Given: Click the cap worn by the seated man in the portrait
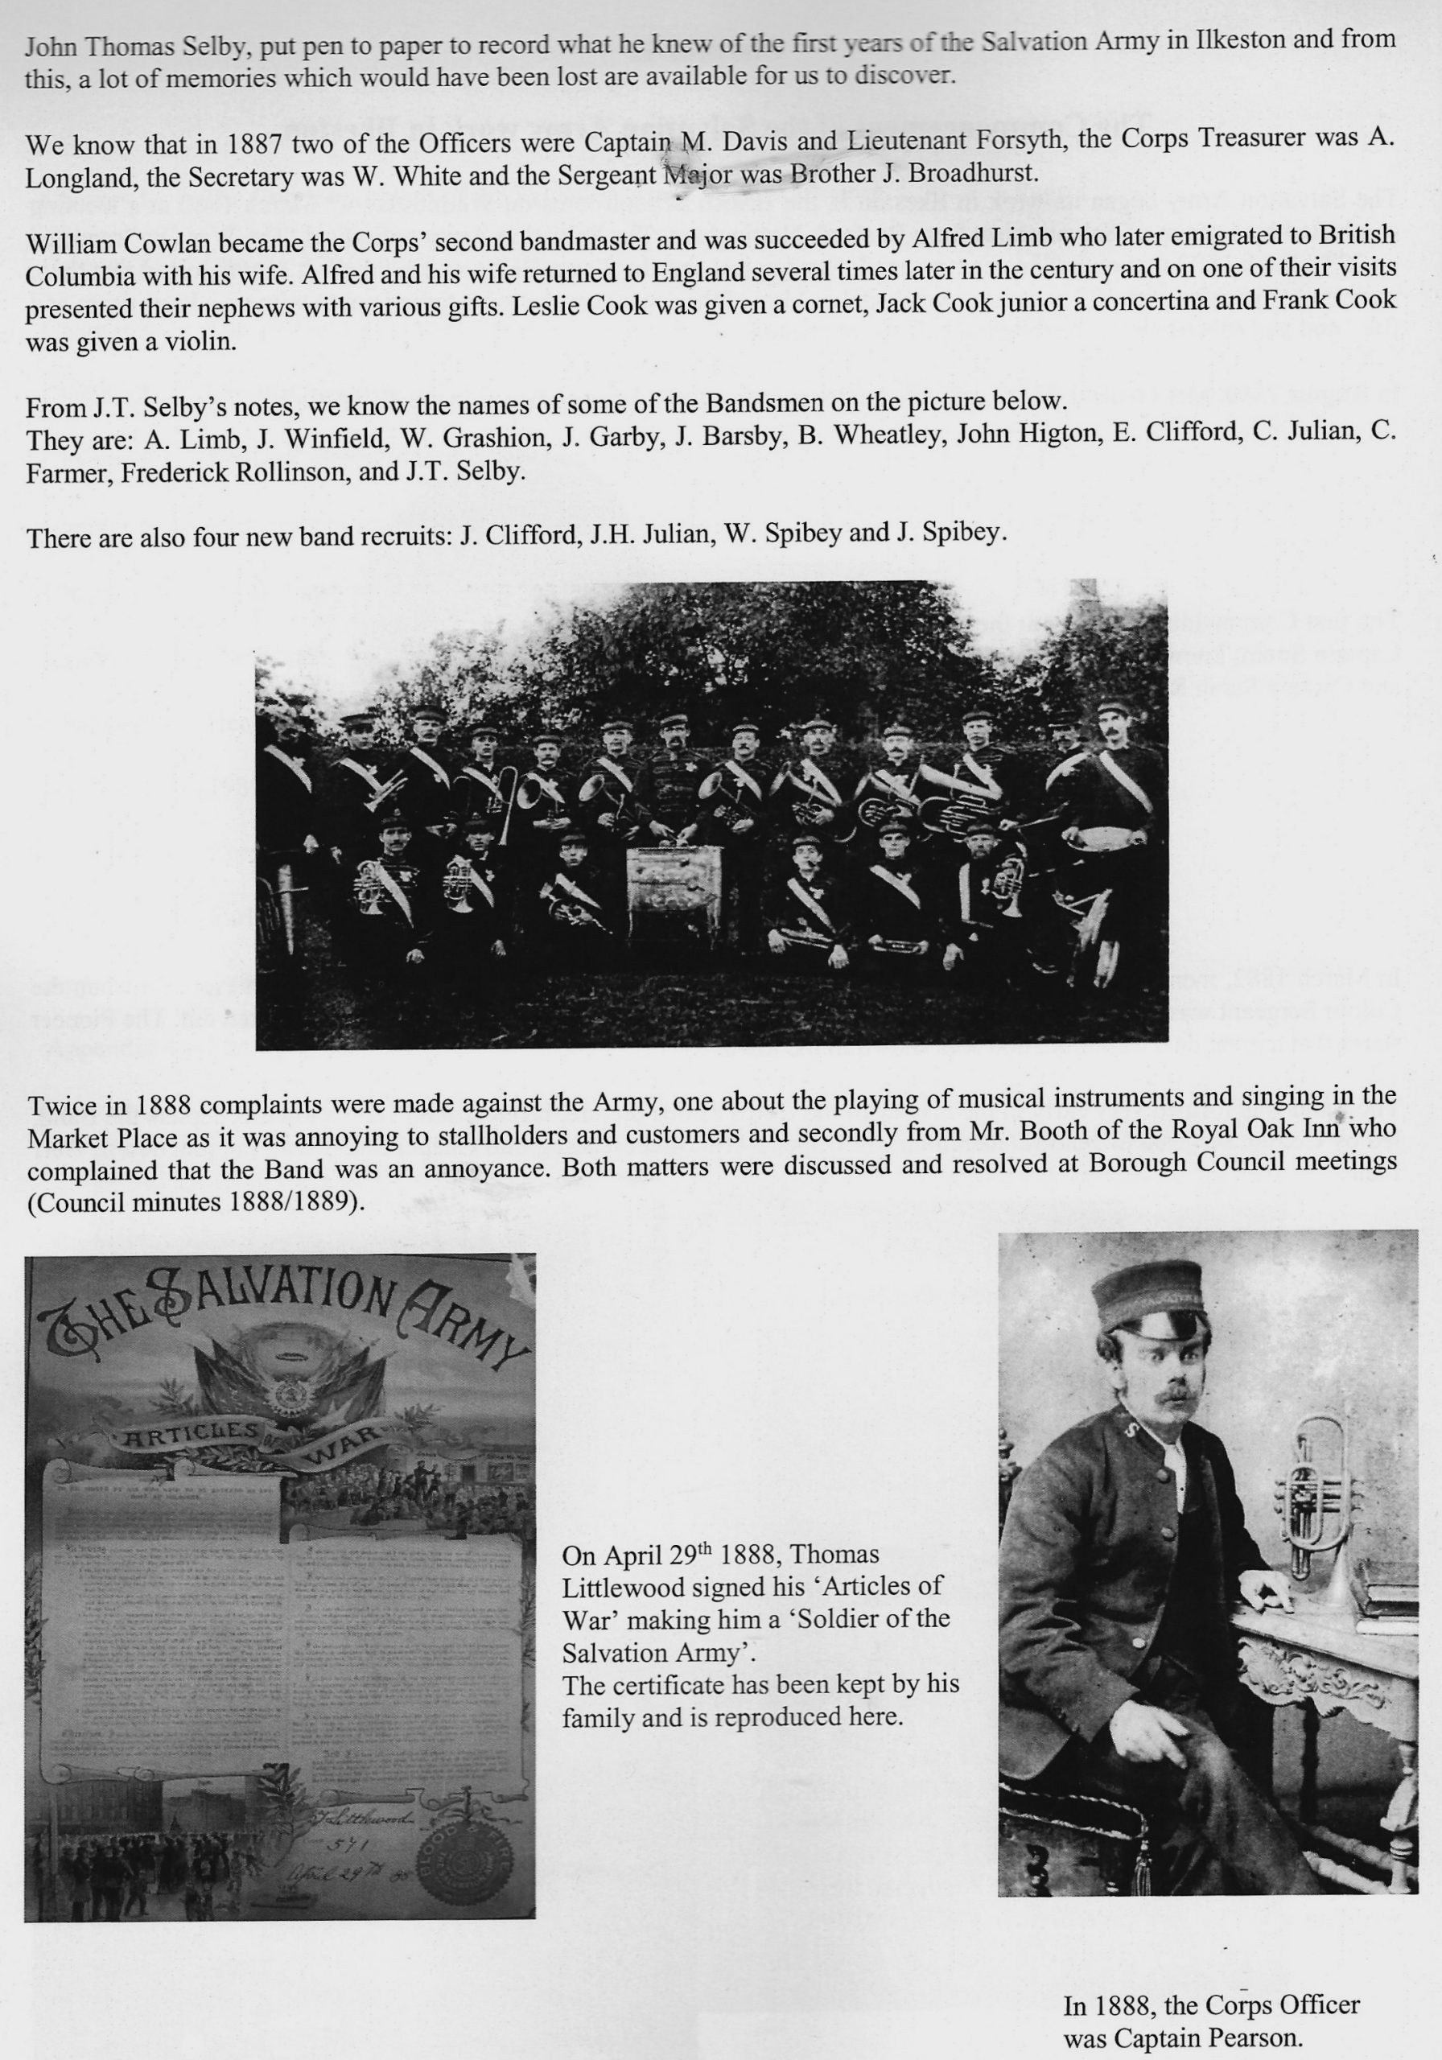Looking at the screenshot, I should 1148,1298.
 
